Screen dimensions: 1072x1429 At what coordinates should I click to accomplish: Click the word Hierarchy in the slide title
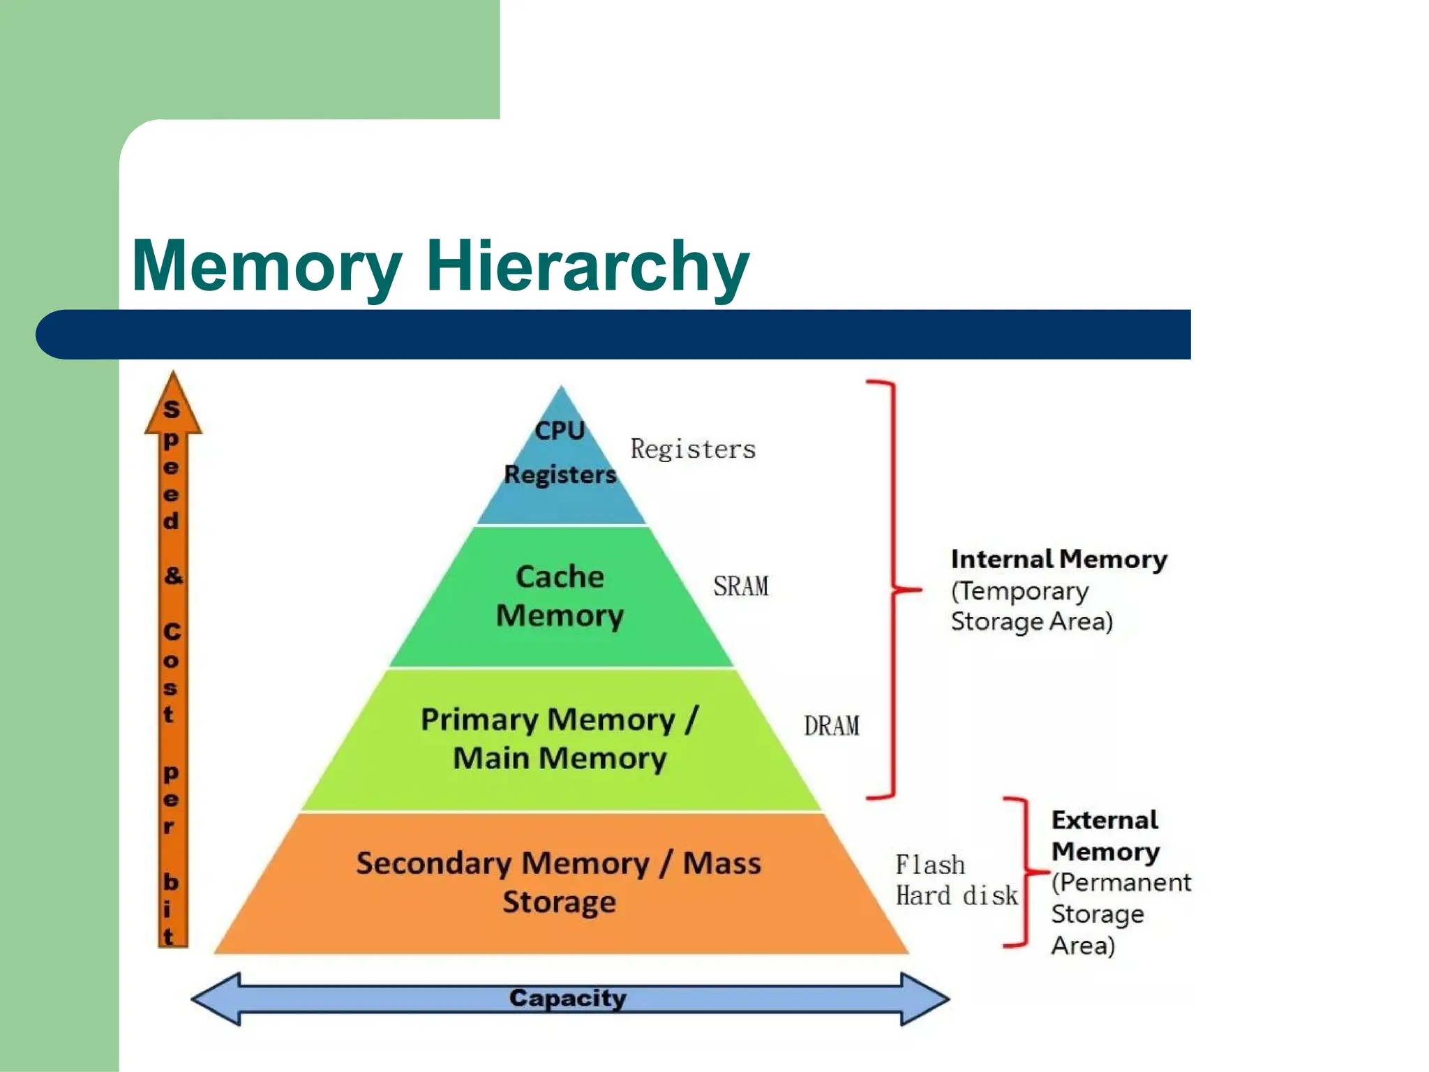pos(588,267)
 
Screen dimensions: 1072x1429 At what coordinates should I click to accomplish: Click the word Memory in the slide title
pos(267,267)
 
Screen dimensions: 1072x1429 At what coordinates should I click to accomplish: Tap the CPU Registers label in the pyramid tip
pos(560,452)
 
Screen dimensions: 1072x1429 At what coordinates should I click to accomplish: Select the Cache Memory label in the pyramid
pos(560,596)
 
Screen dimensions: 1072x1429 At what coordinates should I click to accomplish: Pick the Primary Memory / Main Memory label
pos(560,738)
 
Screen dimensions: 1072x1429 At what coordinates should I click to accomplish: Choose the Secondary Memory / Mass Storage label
pos(559,882)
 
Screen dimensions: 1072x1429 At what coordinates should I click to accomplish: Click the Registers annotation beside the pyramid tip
pos(693,449)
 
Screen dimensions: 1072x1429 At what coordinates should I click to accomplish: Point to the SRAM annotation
pos(740,586)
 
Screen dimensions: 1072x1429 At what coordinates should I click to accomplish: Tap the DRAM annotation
pos(831,726)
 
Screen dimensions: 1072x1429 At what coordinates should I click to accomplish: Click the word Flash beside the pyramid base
pos(930,865)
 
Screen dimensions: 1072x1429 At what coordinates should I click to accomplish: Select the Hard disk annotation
pos(957,895)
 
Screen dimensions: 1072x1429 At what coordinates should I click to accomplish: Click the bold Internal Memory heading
pos(1058,560)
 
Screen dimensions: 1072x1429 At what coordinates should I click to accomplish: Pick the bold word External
pos(1105,820)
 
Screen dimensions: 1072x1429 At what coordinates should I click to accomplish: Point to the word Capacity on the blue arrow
pos(567,998)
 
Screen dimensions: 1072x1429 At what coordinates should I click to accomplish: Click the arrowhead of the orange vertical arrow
pos(173,405)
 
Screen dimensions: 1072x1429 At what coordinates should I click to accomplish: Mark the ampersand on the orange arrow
pos(172,576)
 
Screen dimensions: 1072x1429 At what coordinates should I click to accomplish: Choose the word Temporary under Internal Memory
pos(1023,592)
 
